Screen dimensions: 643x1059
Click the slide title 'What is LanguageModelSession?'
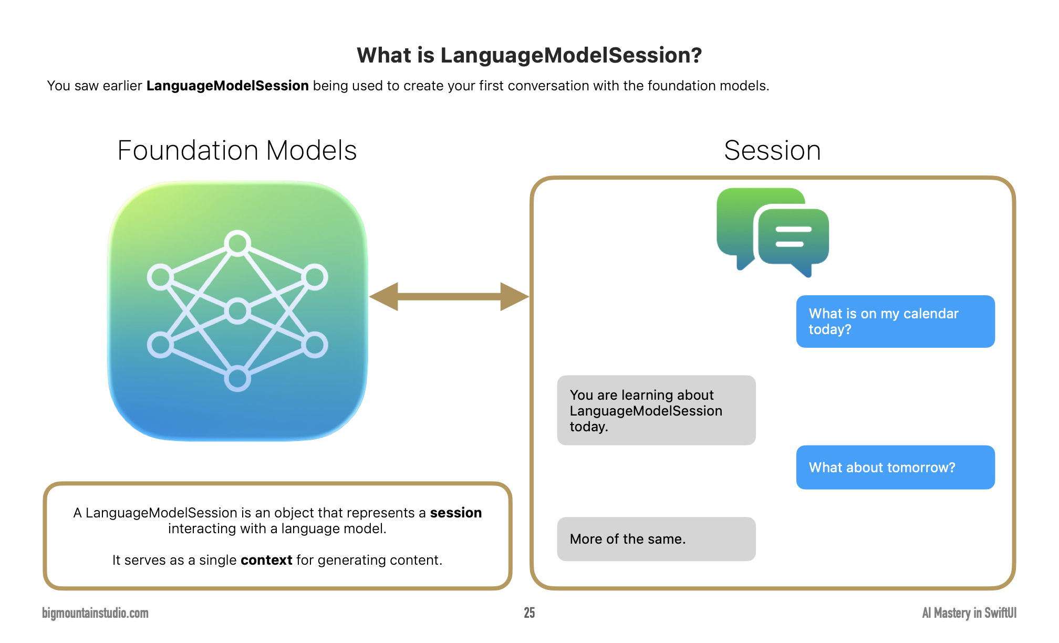click(x=529, y=55)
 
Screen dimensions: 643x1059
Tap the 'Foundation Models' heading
click(x=237, y=151)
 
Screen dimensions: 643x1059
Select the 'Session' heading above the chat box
click(x=772, y=151)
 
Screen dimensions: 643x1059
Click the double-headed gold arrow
click(x=449, y=297)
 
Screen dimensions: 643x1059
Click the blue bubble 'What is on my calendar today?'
click(x=895, y=321)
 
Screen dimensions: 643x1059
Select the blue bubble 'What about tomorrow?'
click(x=895, y=468)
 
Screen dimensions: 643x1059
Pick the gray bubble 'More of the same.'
click(x=656, y=539)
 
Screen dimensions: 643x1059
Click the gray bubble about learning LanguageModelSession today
click(x=656, y=410)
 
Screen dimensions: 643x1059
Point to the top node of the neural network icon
click(x=237, y=243)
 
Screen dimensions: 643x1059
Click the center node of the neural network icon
click(x=237, y=311)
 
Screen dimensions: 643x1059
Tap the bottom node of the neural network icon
click(x=237, y=379)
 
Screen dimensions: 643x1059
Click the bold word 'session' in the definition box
click(x=455, y=513)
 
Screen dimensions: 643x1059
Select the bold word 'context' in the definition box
click(x=266, y=560)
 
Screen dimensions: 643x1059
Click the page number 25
click(x=529, y=613)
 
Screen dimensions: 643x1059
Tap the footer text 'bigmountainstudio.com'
click(x=95, y=613)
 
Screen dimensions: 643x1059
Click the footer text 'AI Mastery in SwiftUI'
click(x=969, y=613)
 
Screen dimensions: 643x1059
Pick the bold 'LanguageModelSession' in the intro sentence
click(x=227, y=86)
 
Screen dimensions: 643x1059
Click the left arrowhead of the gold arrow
click(x=385, y=297)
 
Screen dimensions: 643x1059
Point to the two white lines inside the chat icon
click(x=793, y=237)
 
